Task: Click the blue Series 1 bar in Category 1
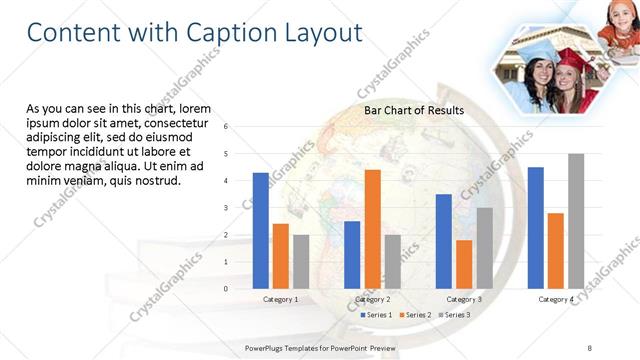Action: point(260,230)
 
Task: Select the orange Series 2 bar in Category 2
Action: point(372,228)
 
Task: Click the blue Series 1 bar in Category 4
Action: point(535,227)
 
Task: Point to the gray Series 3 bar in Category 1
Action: point(301,261)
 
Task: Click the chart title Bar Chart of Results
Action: point(413,110)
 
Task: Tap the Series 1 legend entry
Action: point(376,315)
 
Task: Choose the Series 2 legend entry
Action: point(416,315)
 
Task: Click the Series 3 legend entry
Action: point(456,315)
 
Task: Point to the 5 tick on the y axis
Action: point(226,154)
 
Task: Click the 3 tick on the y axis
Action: point(226,208)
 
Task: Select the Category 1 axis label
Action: point(280,299)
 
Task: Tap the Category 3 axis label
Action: point(463,299)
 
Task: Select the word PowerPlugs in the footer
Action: point(268,347)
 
